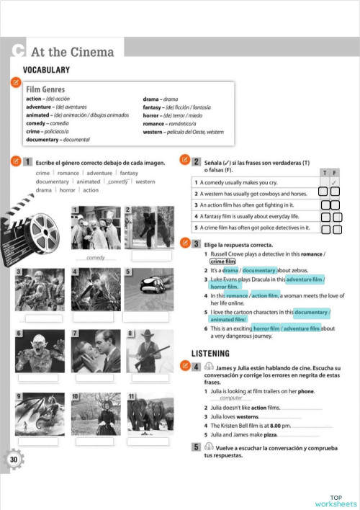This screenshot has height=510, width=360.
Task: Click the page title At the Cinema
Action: [x=72, y=52]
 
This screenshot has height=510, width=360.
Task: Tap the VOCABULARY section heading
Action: [x=46, y=70]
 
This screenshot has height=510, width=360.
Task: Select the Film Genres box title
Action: [x=46, y=89]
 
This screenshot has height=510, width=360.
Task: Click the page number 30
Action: [x=14, y=460]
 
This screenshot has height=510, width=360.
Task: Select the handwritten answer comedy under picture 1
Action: [x=95, y=257]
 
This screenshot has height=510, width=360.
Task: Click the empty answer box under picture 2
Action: [x=151, y=256]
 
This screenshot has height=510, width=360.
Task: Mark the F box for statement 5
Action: [x=336, y=230]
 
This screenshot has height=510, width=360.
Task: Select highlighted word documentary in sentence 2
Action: [x=260, y=269]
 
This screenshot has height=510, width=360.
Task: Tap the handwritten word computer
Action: [x=230, y=398]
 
